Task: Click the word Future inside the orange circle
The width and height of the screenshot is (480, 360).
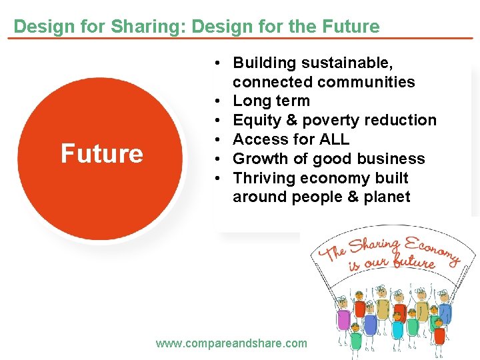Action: click(102, 154)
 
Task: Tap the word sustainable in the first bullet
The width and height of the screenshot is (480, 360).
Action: click(347, 63)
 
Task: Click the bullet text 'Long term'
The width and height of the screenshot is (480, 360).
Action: click(271, 101)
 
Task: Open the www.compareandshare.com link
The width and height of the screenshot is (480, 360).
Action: click(231, 343)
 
